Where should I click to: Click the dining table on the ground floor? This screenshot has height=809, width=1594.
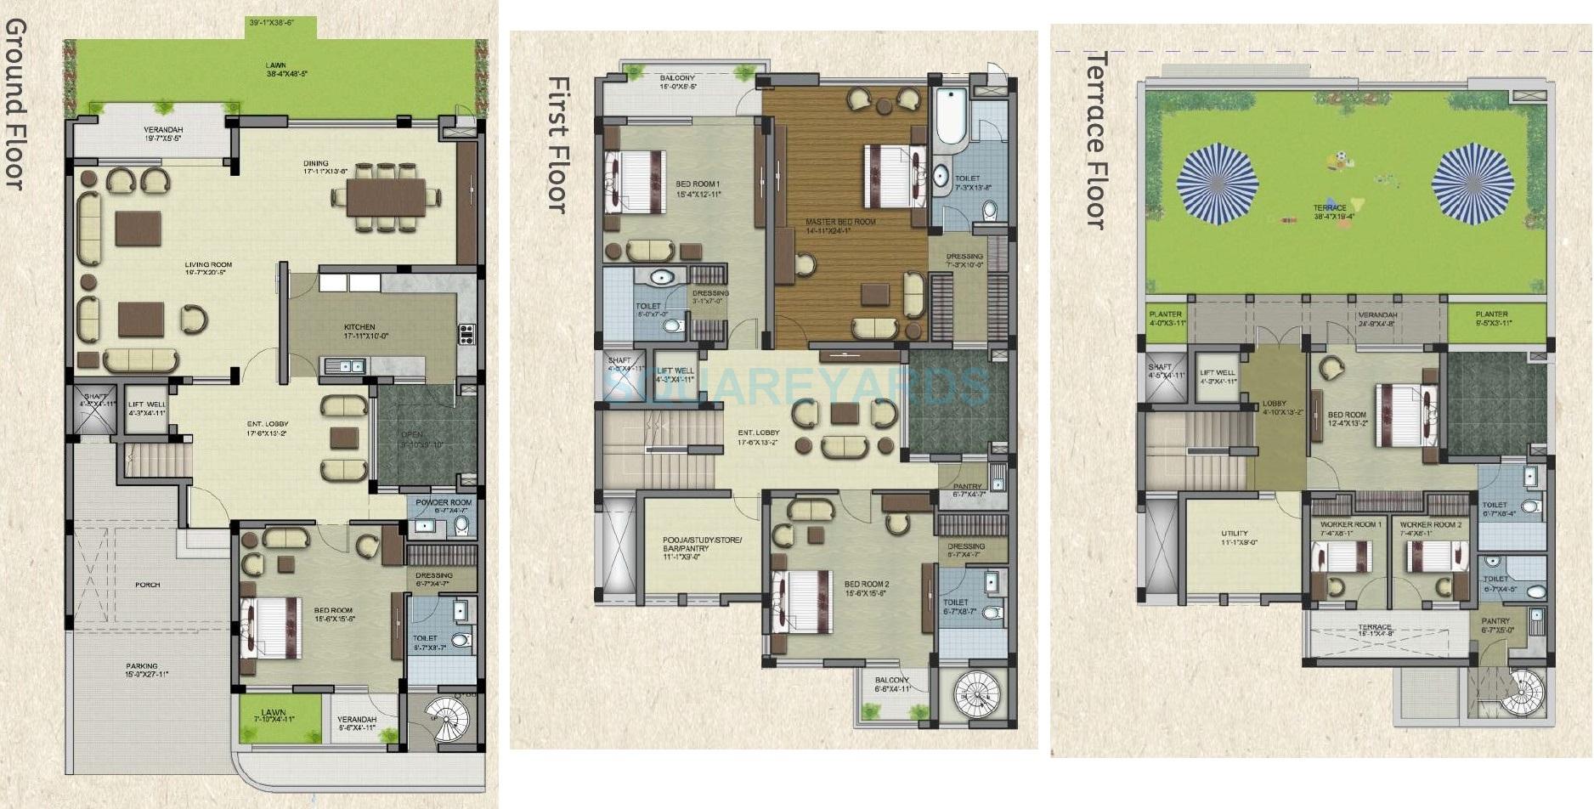(385, 197)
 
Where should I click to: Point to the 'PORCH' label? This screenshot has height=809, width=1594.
(147, 585)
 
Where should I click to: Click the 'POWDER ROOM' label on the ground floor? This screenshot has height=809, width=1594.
(443, 502)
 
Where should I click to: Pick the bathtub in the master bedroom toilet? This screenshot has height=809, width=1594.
(950, 116)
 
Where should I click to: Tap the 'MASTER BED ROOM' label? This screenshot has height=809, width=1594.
(839, 222)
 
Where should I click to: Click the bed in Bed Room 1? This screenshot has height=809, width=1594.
(636, 181)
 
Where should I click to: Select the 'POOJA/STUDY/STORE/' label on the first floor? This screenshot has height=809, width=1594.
(702, 540)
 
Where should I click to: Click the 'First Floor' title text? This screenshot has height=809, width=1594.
(557, 144)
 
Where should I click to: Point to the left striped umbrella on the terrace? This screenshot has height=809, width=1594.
(1217, 182)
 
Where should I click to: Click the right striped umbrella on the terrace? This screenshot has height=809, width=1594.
(1472, 182)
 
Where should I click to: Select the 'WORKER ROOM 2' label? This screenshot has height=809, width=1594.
(1430, 524)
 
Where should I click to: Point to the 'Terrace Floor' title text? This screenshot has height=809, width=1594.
(1098, 140)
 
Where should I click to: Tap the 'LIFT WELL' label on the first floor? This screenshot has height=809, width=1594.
(675, 371)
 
